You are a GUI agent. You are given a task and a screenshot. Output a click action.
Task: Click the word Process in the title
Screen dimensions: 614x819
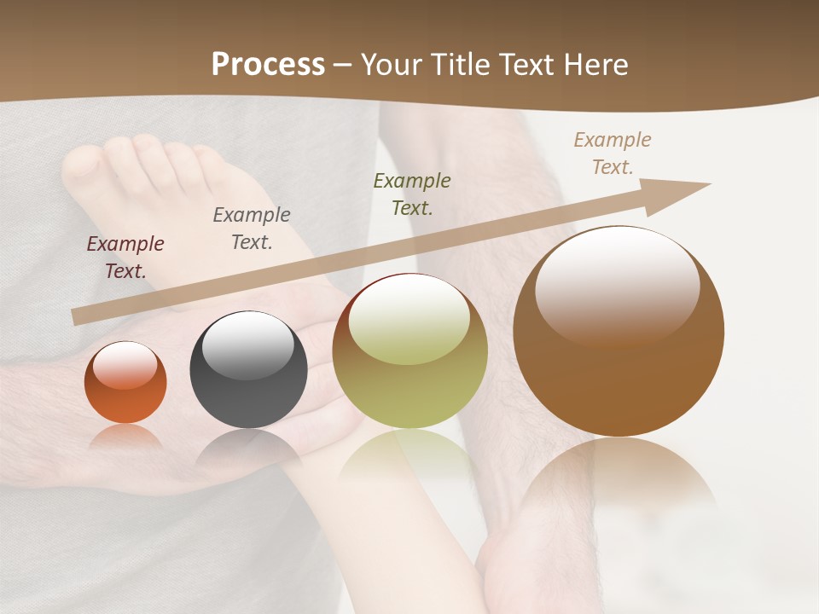[268, 65]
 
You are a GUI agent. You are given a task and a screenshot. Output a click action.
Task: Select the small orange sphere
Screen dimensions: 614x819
[125, 383]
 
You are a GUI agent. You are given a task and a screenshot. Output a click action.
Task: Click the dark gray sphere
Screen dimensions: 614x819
[248, 370]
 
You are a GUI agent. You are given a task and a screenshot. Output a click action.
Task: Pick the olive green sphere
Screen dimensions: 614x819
[409, 350]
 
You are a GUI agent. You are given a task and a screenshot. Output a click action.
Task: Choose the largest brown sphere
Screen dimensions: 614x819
[619, 331]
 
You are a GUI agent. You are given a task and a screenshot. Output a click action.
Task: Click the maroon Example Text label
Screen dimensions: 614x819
[125, 257]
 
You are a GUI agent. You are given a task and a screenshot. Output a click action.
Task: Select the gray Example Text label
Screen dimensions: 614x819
[252, 228]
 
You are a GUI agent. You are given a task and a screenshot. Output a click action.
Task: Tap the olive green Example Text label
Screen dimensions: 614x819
[412, 194]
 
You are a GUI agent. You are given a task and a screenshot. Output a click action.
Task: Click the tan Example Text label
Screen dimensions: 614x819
[613, 153]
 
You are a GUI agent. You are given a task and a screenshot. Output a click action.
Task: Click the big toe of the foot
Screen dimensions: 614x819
[84, 167]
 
